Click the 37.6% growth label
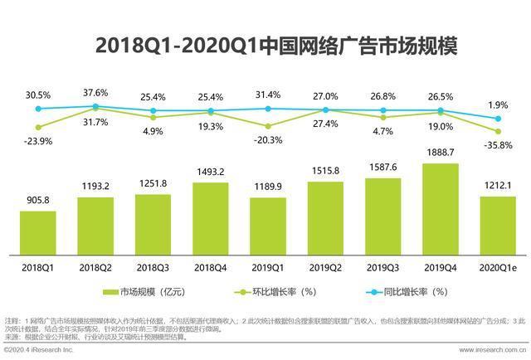[x=95, y=92]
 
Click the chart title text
[x=265, y=45]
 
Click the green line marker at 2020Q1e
[x=498, y=131]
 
